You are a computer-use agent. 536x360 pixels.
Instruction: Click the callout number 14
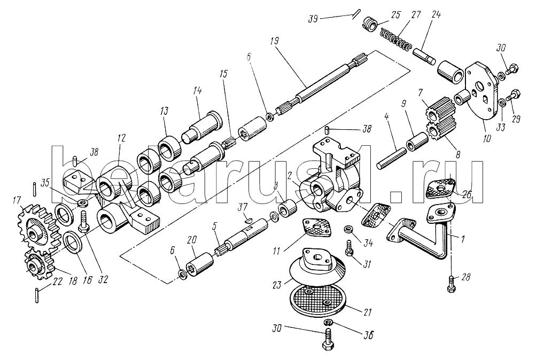197,92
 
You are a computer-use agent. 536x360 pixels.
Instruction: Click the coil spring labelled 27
395,42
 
